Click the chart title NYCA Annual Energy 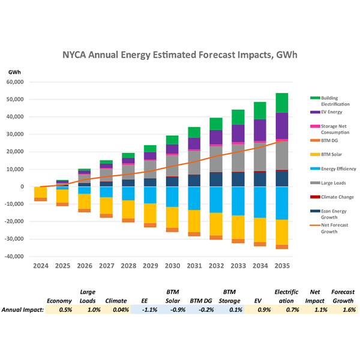click(180, 55)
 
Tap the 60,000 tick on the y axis click(23, 82)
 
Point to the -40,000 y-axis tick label click(22, 256)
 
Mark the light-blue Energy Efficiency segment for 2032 click(216, 199)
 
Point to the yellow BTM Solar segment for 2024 click(41, 192)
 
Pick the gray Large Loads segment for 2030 click(172, 165)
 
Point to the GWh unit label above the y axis click(15, 73)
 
